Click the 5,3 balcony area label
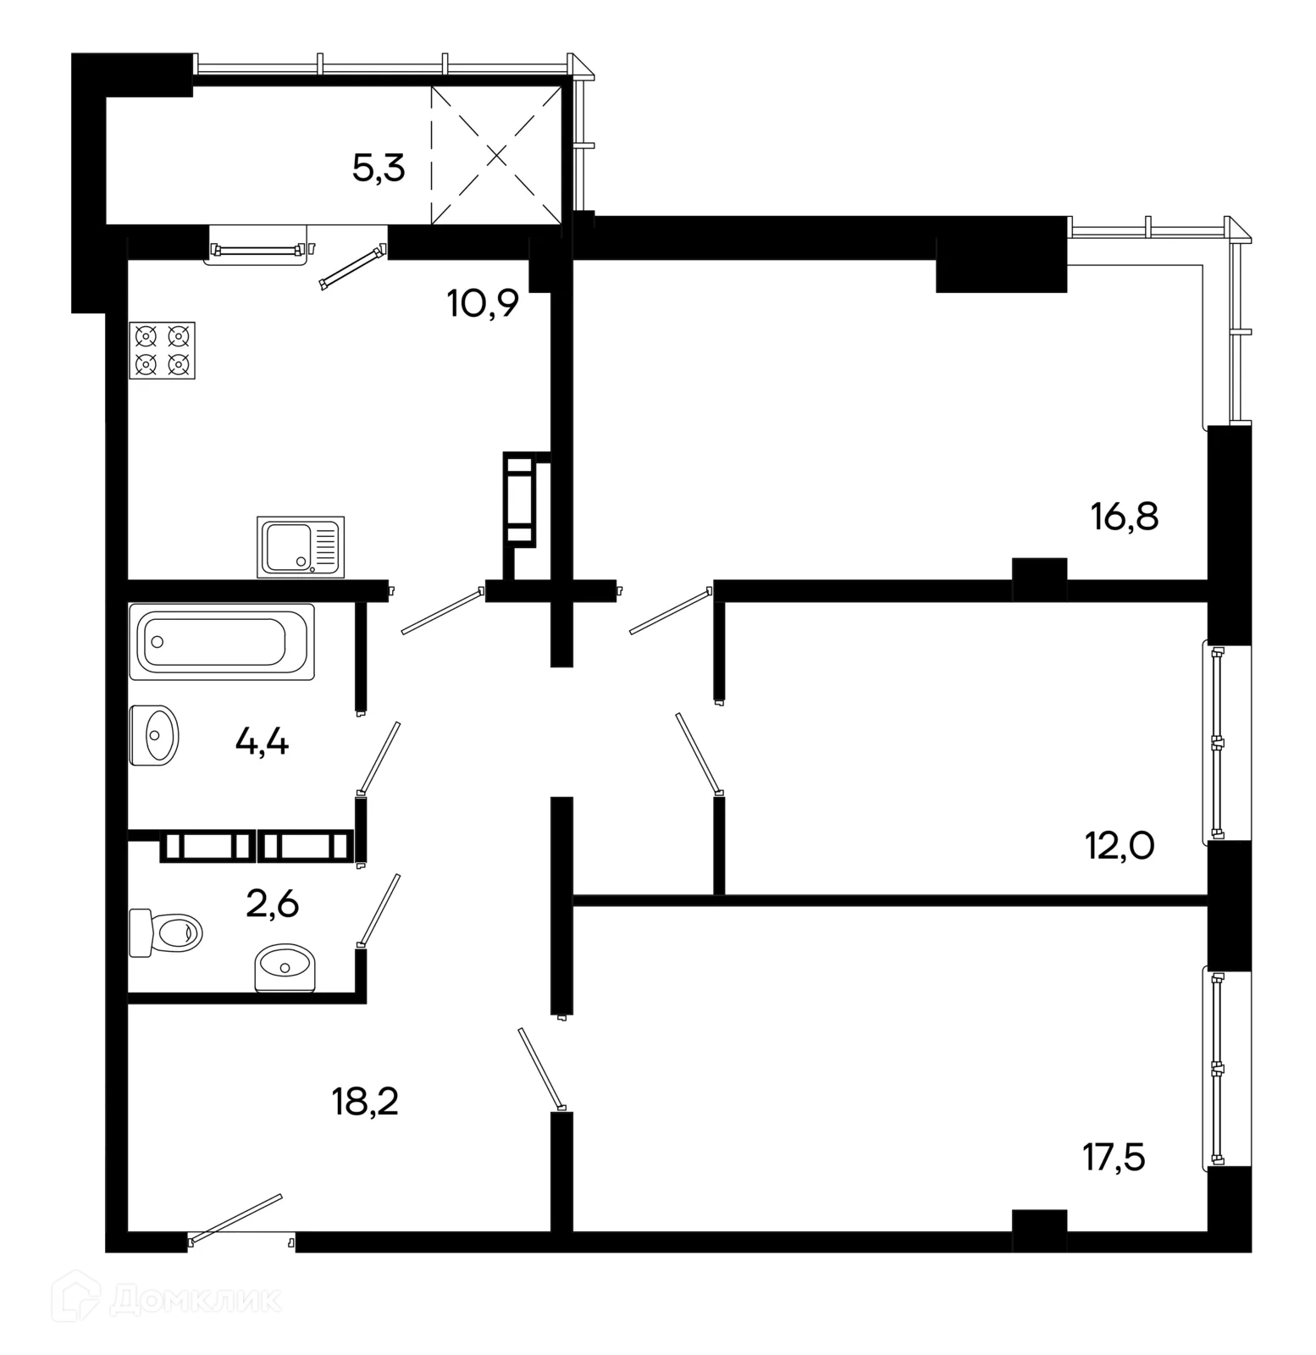coord(379,169)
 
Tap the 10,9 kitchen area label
coord(483,303)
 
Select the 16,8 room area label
coord(1125,516)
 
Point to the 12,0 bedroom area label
coord(1120,845)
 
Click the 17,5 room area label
coord(1114,1157)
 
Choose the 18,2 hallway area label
coord(365,1103)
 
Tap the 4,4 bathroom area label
coord(262,743)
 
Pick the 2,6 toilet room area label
coord(273,905)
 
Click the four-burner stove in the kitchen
coord(162,351)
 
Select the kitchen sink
coord(301,547)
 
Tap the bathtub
coord(222,642)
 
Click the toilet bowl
coord(166,932)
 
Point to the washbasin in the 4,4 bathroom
coord(154,735)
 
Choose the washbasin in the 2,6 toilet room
coord(285,969)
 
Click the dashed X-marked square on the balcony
coord(496,155)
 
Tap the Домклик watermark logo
coord(167,1300)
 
